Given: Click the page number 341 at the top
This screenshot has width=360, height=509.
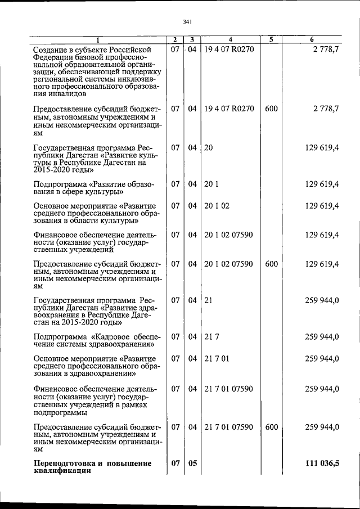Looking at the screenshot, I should click(188, 22).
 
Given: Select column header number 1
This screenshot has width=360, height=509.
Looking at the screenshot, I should click(97, 40).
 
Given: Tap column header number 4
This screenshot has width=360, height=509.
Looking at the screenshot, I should click(231, 40).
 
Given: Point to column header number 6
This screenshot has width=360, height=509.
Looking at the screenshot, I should click(312, 40).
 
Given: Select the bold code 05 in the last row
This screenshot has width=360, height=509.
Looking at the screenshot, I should click(192, 463).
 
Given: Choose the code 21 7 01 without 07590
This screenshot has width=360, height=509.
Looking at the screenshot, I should click(217, 358).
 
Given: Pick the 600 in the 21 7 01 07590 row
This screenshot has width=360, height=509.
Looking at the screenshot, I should click(271, 427).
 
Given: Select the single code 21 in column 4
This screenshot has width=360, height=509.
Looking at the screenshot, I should click(208, 300).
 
